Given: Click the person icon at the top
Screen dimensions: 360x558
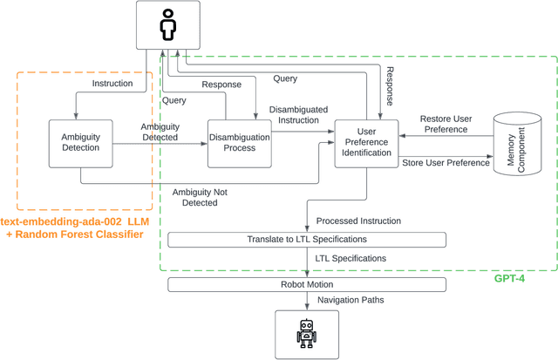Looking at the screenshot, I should pyautogui.click(x=167, y=27).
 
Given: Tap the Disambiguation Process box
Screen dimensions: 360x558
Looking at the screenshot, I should pyautogui.click(x=239, y=142).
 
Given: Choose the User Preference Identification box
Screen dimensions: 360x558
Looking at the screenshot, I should pyautogui.click(x=367, y=144).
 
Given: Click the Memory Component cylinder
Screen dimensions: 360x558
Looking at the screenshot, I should pyautogui.click(x=518, y=143).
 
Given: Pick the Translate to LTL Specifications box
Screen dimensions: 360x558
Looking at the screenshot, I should pyautogui.click(x=306, y=240).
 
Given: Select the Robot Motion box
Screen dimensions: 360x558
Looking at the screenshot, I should pyautogui.click(x=306, y=284).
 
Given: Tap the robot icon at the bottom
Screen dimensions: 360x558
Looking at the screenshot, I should pyautogui.click(x=306, y=334).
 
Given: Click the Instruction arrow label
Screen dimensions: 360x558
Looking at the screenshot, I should pyautogui.click(x=112, y=84).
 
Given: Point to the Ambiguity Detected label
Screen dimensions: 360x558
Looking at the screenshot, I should pyautogui.click(x=160, y=132).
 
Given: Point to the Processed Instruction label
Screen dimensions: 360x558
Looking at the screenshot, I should pyautogui.click(x=359, y=221).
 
